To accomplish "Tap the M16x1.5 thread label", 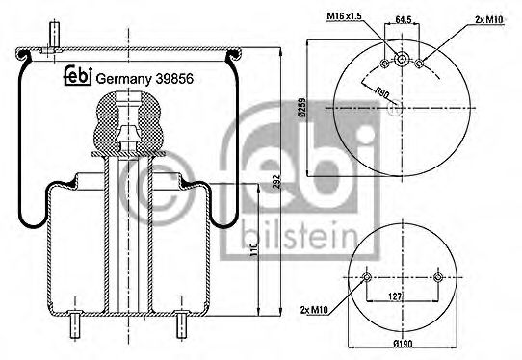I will pos(344,17).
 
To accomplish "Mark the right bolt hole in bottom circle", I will pos(437,278).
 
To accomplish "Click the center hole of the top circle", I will pos(402,56).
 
